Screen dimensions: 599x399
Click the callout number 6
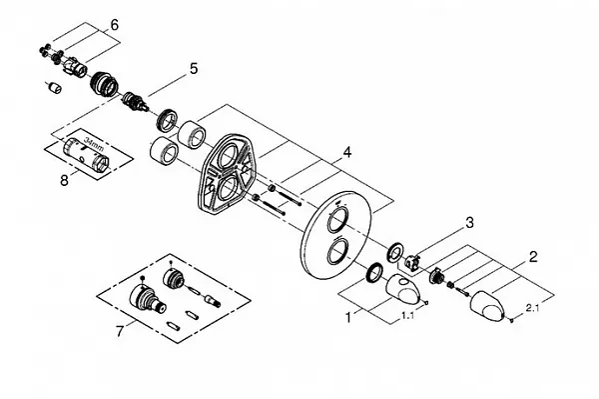(114, 25)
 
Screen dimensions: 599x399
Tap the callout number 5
(194, 69)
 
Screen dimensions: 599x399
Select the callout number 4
(346, 153)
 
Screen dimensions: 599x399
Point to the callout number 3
(469, 222)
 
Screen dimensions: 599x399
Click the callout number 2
(533, 257)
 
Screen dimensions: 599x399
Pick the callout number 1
(348, 317)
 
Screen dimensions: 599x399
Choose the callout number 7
(120, 331)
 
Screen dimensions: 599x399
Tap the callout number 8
(64, 180)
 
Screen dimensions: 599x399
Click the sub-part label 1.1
(407, 316)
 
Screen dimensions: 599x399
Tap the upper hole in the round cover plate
(337, 219)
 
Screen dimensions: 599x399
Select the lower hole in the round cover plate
(337, 251)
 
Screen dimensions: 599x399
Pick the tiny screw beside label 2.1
(511, 320)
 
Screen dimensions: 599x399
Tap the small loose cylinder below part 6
(55, 88)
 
